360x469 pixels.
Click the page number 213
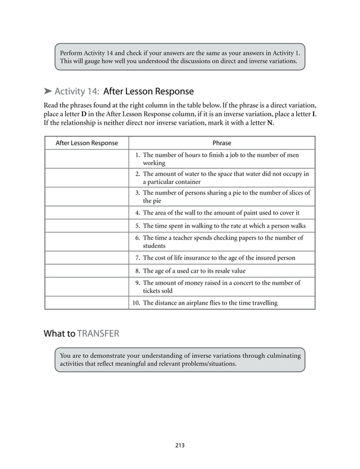click(x=180, y=445)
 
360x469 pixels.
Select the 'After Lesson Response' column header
click(x=87, y=143)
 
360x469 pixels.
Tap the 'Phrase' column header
click(x=222, y=143)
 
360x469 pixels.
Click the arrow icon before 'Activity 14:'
click(x=48, y=91)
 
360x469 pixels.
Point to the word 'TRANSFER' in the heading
click(x=98, y=334)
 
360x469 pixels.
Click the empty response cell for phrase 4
click(x=87, y=213)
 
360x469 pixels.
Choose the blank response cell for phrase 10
click(x=87, y=303)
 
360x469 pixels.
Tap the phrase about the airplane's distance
click(x=210, y=303)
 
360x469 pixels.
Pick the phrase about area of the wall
click(x=221, y=213)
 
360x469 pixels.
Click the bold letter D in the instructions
click(x=84, y=114)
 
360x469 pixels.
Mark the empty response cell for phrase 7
click(x=87, y=258)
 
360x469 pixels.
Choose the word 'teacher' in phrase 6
click(x=190, y=238)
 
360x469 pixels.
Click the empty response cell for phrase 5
click(x=87, y=226)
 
